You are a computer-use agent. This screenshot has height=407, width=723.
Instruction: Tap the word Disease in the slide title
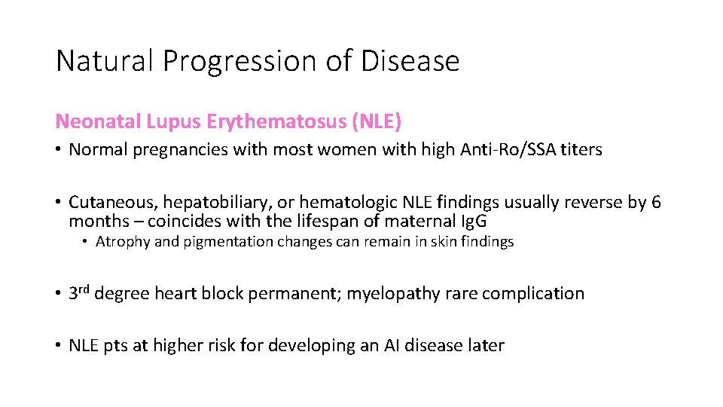click(410, 60)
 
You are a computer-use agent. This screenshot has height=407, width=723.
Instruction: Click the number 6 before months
click(656, 202)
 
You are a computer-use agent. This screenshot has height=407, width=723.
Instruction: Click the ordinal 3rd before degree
click(80, 292)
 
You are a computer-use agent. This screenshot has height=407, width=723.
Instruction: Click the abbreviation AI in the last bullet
click(392, 345)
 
